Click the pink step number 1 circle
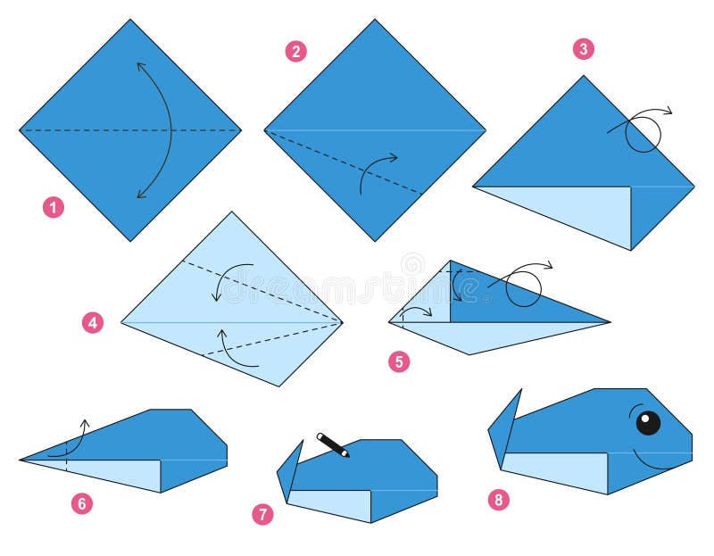pos(54,208)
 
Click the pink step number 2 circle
pos(296,51)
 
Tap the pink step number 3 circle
pos(584,49)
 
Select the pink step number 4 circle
pos(93,322)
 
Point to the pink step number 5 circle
pos(399,361)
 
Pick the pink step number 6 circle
pos(81,503)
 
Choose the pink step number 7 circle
pos(262,514)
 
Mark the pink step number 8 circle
pos(499,499)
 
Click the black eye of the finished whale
pos(648,422)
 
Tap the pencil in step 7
pos(333,444)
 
